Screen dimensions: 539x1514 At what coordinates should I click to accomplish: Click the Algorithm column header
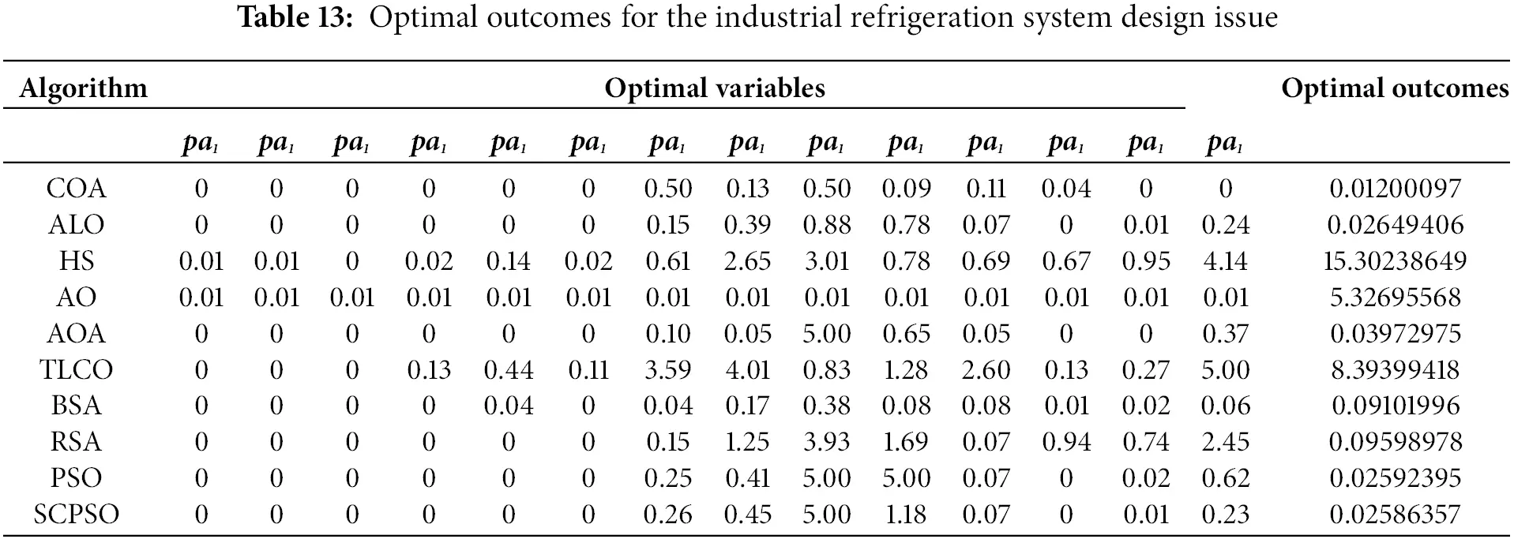(x=83, y=88)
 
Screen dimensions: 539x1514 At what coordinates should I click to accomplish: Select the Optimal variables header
(x=714, y=88)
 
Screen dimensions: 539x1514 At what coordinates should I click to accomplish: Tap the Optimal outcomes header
(x=1394, y=88)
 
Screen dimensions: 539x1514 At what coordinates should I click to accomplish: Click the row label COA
(x=76, y=189)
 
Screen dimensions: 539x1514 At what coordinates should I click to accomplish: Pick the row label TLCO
(x=76, y=369)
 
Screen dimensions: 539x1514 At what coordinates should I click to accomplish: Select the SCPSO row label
(x=76, y=515)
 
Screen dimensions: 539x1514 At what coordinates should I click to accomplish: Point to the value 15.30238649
(x=1394, y=261)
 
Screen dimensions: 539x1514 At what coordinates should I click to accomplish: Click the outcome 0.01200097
(x=1394, y=189)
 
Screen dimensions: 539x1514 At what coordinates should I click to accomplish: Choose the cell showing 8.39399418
(x=1394, y=369)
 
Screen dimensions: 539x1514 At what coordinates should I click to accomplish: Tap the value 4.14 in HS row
(x=1225, y=261)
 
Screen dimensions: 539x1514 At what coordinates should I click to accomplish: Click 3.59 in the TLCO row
(x=667, y=369)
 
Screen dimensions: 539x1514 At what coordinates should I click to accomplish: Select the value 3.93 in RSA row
(x=826, y=442)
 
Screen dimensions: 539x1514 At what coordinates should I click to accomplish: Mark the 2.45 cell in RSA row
(x=1225, y=442)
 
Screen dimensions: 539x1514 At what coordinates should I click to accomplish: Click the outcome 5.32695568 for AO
(x=1394, y=298)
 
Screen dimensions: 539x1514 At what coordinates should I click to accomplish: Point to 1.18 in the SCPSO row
(x=905, y=515)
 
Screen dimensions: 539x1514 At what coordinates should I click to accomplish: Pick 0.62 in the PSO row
(x=1225, y=478)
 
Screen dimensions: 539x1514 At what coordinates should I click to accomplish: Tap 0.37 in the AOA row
(x=1225, y=334)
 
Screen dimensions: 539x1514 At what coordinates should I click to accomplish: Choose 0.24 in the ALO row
(x=1225, y=225)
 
